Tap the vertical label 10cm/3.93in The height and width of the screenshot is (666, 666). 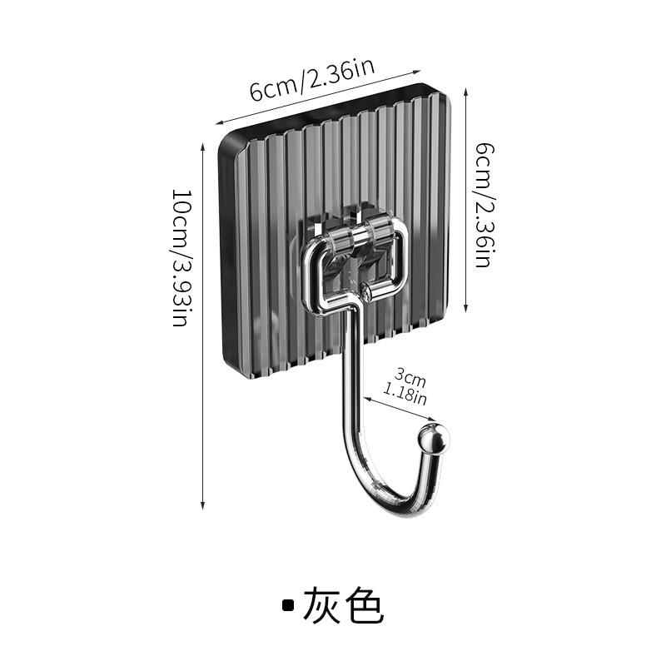[x=181, y=258]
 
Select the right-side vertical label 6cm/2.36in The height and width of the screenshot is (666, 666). [x=482, y=204]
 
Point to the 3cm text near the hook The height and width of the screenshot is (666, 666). [x=410, y=379]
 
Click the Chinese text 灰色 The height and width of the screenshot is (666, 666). [x=344, y=606]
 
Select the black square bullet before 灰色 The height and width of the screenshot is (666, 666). [x=288, y=606]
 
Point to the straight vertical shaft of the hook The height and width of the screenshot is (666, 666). [x=348, y=375]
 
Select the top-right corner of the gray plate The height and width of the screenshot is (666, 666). [x=441, y=100]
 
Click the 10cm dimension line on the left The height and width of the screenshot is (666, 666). [x=203, y=325]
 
